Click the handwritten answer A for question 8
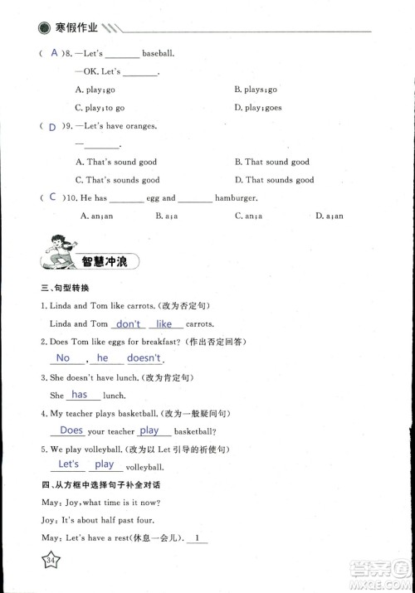[55, 53]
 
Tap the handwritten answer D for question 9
[52, 127]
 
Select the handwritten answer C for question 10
[53, 197]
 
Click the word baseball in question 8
[158, 54]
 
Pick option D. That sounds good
[274, 180]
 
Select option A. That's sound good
[115, 163]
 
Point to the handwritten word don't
[129, 323]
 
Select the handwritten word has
[80, 395]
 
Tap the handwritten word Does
[71, 430]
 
